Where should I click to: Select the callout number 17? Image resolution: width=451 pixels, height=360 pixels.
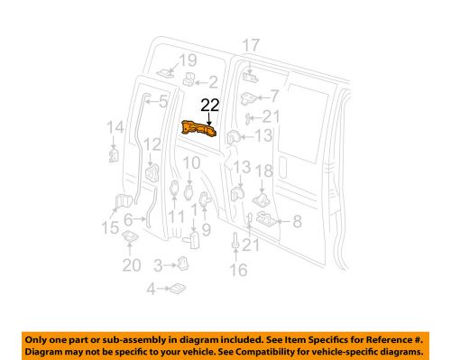(x=251, y=44)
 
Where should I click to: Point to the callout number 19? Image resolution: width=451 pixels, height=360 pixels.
(x=187, y=60)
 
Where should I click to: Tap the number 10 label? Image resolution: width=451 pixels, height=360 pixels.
(x=189, y=163)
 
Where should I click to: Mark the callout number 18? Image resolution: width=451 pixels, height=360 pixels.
(x=263, y=171)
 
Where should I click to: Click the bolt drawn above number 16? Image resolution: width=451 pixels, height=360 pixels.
(x=236, y=245)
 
